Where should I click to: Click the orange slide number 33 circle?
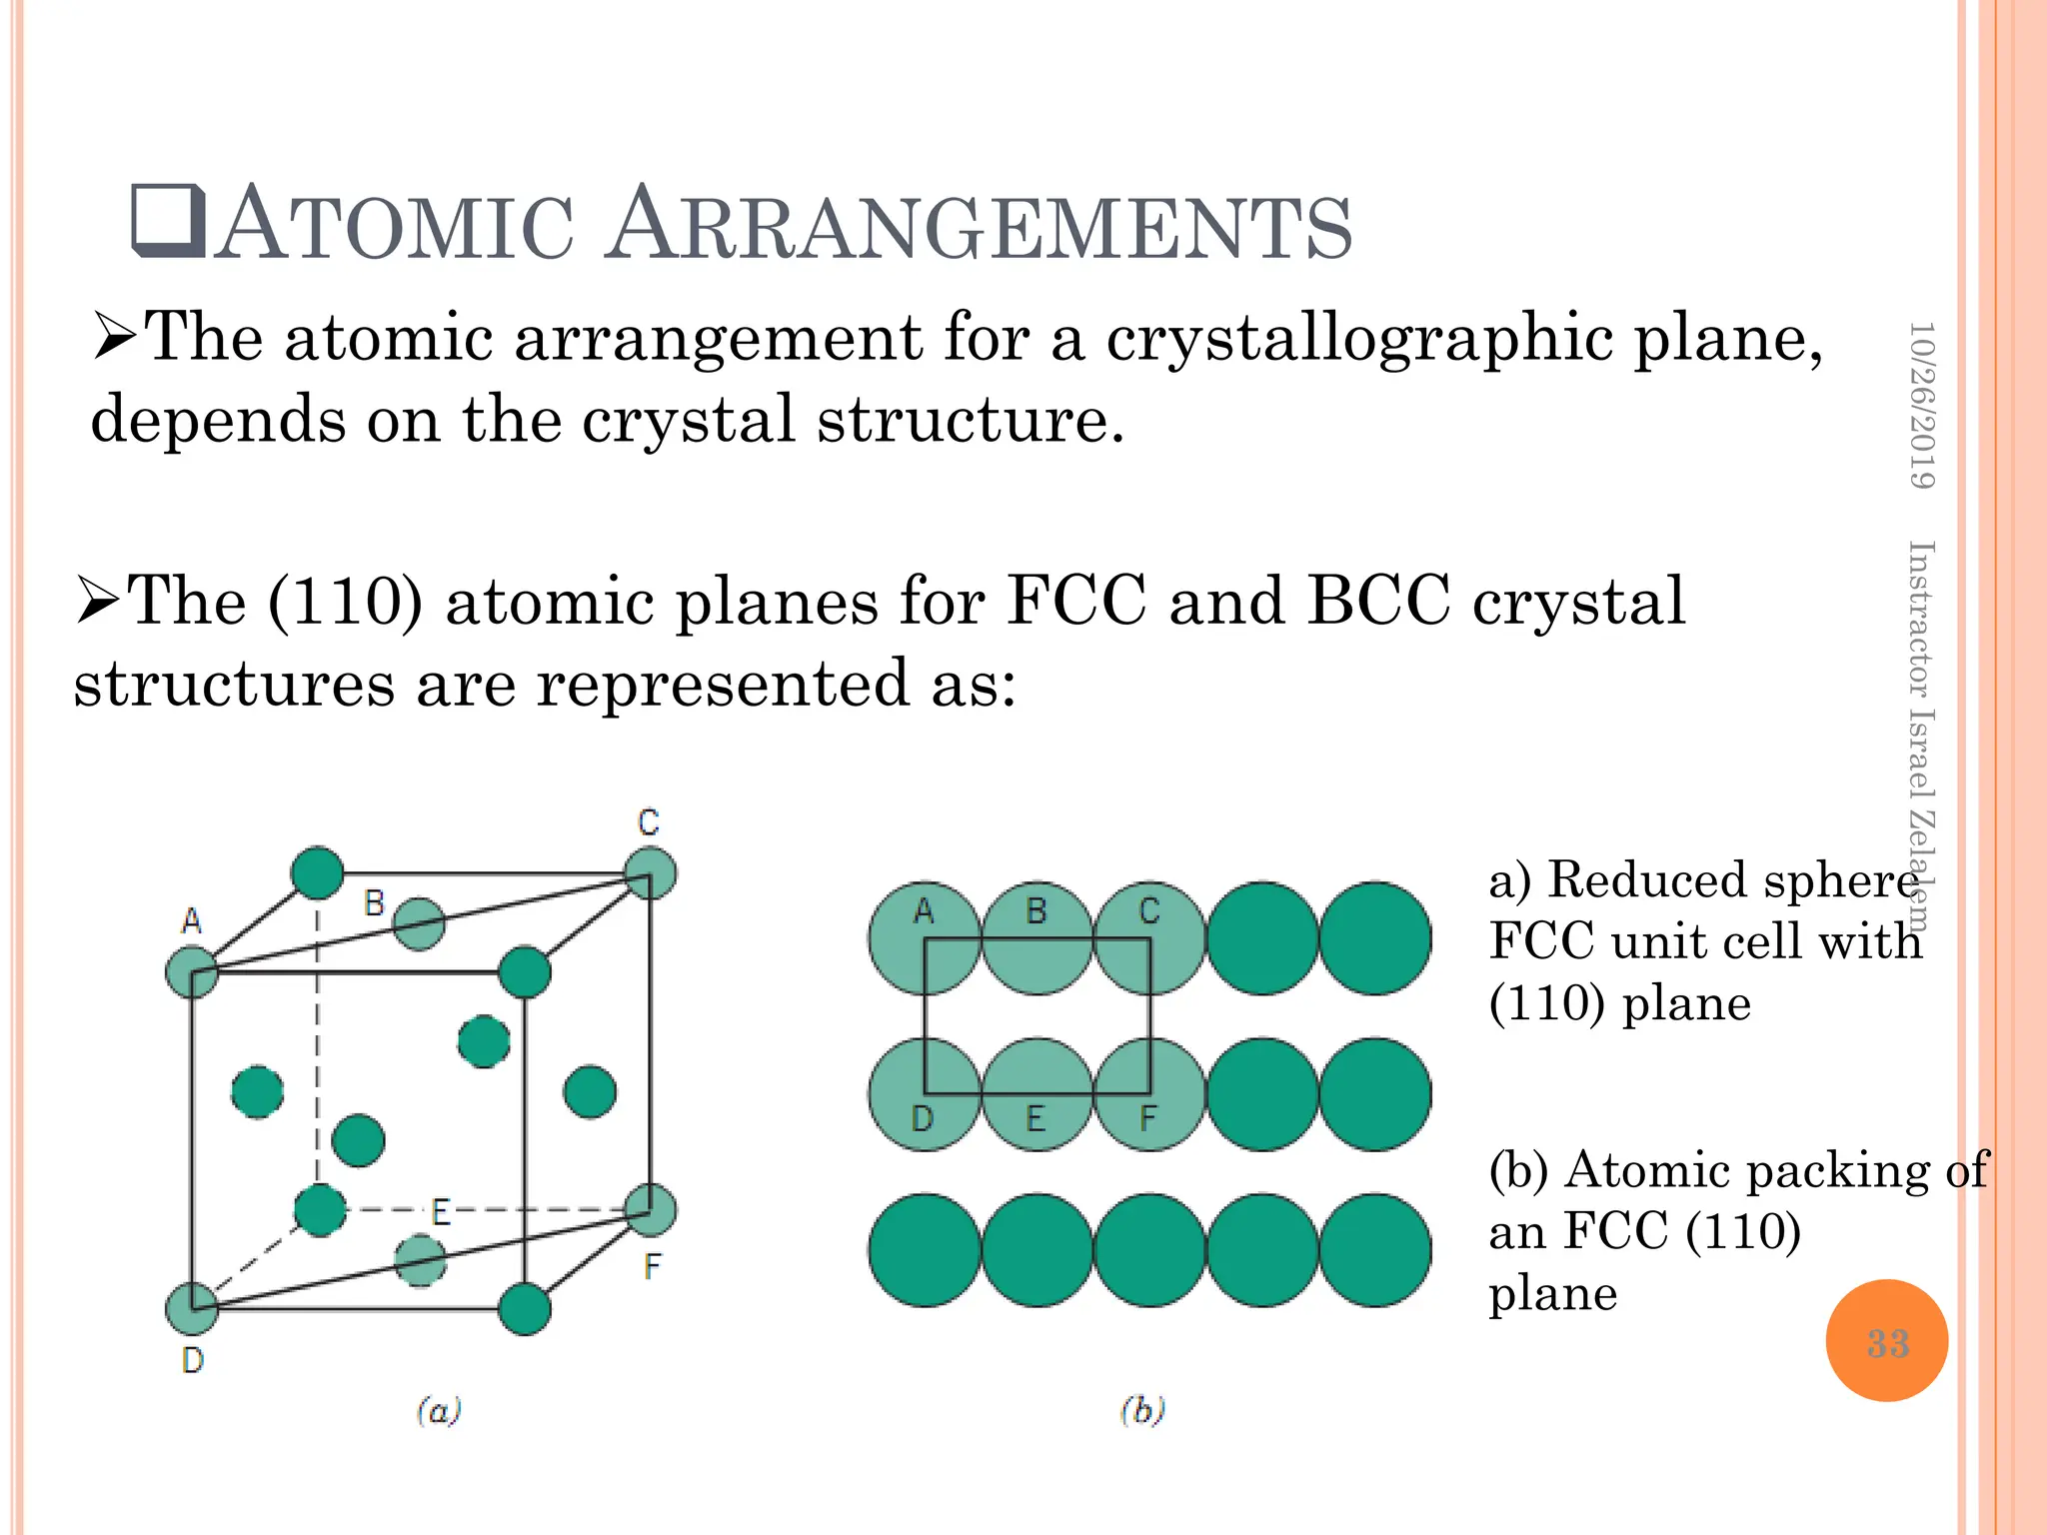pyautogui.click(x=1886, y=1340)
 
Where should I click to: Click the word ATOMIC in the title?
pyautogui.click(x=395, y=227)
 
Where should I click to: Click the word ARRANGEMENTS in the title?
pyautogui.click(x=980, y=227)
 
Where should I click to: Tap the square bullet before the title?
pyautogui.click(x=168, y=221)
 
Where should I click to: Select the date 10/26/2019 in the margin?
pyautogui.click(x=1921, y=405)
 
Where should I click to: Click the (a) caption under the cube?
pyautogui.click(x=439, y=1410)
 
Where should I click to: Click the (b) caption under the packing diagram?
pyautogui.click(x=1142, y=1410)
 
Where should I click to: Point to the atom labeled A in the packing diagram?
pyautogui.click(x=924, y=937)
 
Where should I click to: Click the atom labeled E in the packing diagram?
pyautogui.click(x=1036, y=1094)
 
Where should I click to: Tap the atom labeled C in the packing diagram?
pyautogui.click(x=1149, y=937)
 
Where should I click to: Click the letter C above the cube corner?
pyautogui.click(x=649, y=822)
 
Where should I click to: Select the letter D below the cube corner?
pyautogui.click(x=193, y=1359)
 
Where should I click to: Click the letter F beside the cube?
pyautogui.click(x=652, y=1267)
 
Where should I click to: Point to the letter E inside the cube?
pyautogui.click(x=441, y=1212)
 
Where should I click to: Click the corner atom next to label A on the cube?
pyautogui.click(x=192, y=971)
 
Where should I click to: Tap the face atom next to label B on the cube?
pyautogui.click(x=419, y=924)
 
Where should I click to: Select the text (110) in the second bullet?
pyautogui.click(x=345, y=602)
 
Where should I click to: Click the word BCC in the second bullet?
pyautogui.click(x=1377, y=602)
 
